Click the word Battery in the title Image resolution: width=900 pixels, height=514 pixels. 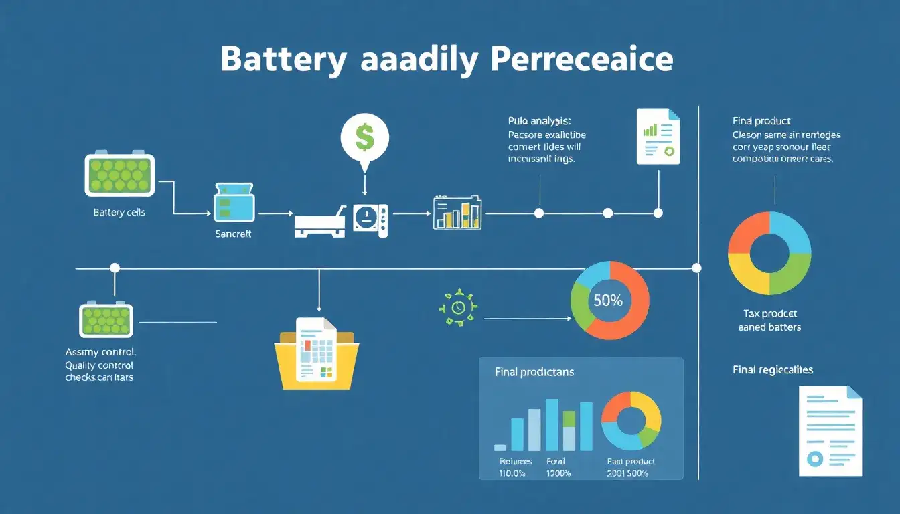[x=283, y=60]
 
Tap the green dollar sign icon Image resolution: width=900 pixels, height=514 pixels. [x=364, y=137]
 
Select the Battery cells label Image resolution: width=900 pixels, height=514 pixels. [x=119, y=212]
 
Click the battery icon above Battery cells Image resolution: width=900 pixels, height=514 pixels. [x=119, y=175]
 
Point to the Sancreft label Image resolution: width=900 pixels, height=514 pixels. [x=233, y=234]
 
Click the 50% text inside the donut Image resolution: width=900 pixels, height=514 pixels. [x=608, y=301]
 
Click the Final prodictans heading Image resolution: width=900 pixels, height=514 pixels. [x=534, y=372]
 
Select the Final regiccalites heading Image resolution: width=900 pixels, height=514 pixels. [x=773, y=369]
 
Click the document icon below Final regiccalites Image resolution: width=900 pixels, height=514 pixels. [x=831, y=431]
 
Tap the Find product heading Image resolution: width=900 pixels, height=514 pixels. [x=761, y=121]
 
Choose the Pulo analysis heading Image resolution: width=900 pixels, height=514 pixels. [x=539, y=121]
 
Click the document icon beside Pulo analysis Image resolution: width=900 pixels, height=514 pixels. [x=658, y=137]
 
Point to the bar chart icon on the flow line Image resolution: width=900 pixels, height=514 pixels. [x=457, y=213]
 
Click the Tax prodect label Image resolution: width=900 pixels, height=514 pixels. [x=770, y=313]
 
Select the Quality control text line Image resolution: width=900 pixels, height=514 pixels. [x=99, y=365]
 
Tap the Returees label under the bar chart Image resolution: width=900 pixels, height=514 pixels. [x=516, y=462]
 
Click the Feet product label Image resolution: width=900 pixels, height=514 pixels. [x=631, y=462]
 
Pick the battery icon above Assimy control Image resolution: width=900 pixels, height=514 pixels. [x=106, y=319]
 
